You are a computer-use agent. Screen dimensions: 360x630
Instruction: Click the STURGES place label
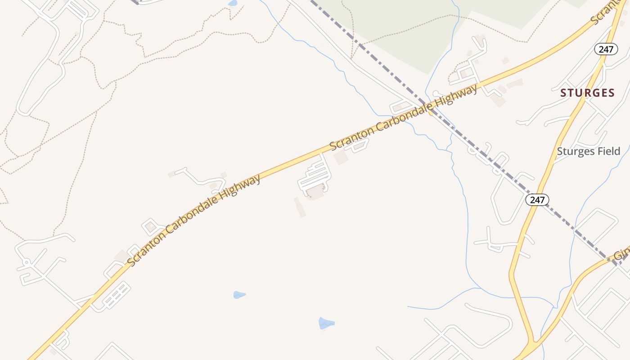[x=587, y=93]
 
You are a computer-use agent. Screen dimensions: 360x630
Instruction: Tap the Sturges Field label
[x=588, y=151]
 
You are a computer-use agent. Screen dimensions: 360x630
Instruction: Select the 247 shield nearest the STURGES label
[x=606, y=49]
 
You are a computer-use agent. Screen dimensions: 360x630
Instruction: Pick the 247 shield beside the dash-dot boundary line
[x=537, y=200]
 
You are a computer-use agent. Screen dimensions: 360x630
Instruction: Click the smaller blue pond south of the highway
[x=239, y=295]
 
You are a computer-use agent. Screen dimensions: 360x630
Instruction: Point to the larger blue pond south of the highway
[x=326, y=323]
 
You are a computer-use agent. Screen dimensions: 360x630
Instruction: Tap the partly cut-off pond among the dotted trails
[x=233, y=3]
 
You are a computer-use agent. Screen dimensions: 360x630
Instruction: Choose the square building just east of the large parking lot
[x=341, y=157]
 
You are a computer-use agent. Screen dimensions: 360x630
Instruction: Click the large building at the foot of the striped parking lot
[x=315, y=192]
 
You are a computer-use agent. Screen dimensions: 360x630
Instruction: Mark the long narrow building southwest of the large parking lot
[x=300, y=207]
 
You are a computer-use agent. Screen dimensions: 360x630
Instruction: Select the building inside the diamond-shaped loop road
[x=150, y=227]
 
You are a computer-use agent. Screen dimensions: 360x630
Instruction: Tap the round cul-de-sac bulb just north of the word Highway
[x=435, y=94]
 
